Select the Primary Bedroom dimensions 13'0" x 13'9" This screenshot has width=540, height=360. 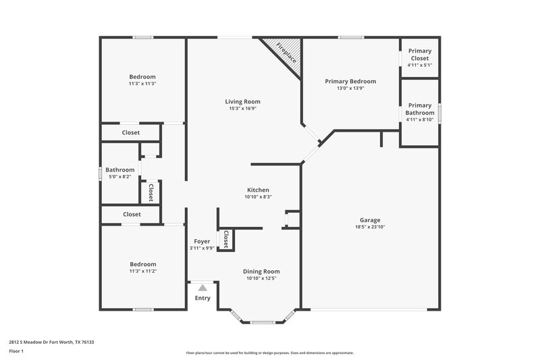tap(350, 88)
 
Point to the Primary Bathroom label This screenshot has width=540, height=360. tap(420, 109)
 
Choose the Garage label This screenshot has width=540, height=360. tap(369, 220)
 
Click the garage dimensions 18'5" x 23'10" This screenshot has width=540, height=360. tap(369, 228)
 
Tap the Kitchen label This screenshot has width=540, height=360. tap(258, 190)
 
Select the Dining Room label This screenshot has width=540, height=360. tap(261, 271)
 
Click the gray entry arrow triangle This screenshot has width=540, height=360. tap(202, 288)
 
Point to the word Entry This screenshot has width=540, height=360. tap(202, 298)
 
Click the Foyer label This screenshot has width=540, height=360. tap(202, 241)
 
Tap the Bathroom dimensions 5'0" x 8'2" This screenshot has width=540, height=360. tap(119, 177)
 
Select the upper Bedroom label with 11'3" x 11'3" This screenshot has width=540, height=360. tap(142, 76)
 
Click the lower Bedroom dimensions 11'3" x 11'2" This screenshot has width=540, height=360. tap(142, 272)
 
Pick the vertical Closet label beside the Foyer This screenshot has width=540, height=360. tap(226, 240)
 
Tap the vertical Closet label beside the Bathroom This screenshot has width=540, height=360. tap(151, 192)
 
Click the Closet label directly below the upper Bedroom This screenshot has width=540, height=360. tap(131, 132)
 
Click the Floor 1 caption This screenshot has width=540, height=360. tap(16, 352)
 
